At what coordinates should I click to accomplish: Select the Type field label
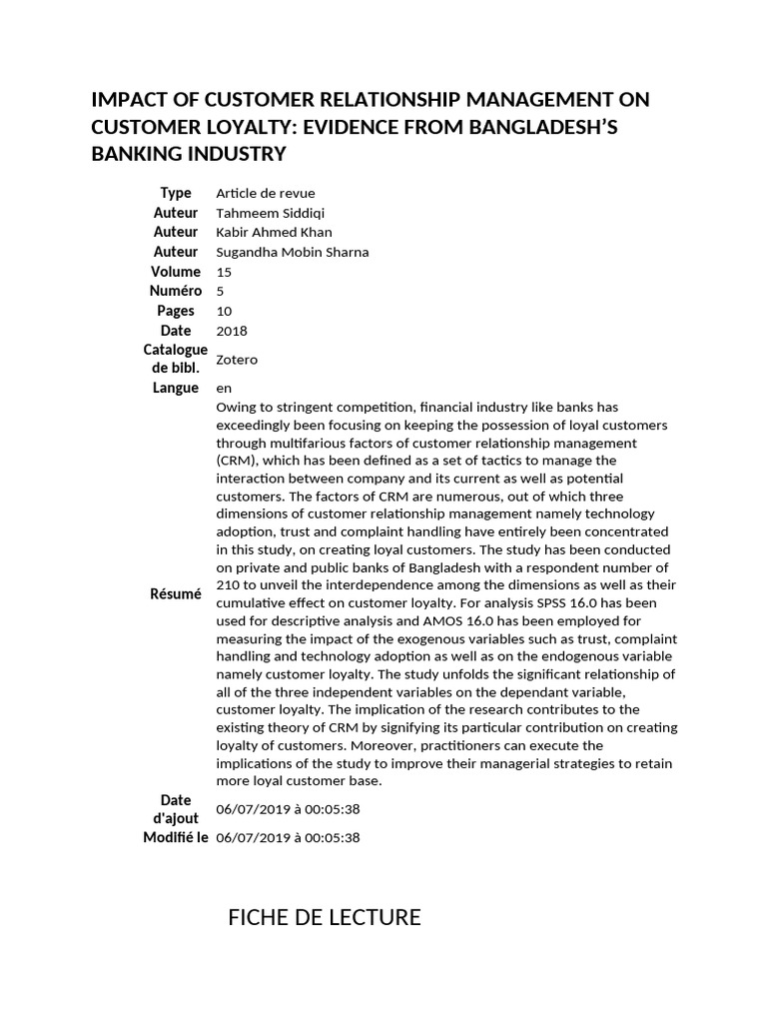click(176, 193)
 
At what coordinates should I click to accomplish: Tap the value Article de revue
click(265, 193)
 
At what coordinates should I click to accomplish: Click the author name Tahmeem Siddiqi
click(270, 213)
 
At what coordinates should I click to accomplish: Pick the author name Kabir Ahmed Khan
click(274, 232)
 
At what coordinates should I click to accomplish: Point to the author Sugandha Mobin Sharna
click(292, 252)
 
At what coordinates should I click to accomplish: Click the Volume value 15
click(223, 272)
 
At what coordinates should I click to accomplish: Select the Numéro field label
click(176, 291)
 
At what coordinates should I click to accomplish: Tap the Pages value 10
click(224, 311)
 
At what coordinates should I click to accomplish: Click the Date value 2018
click(231, 331)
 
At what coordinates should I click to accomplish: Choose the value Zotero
click(237, 360)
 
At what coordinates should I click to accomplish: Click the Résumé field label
click(176, 593)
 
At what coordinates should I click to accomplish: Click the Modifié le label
click(176, 837)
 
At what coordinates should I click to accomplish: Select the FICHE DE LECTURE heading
click(325, 917)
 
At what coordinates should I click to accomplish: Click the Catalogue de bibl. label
click(176, 359)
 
